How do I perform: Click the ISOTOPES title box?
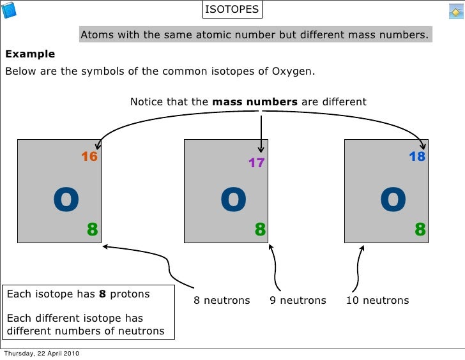coord(232,10)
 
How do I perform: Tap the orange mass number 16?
coord(89,156)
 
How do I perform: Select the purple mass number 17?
coord(256,163)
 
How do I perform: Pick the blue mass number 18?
coord(417,156)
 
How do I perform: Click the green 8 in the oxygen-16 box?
coord(92,229)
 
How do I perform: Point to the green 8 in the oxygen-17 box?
coord(260,229)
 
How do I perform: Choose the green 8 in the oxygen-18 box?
coord(420,229)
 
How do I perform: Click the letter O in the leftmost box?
coord(66,201)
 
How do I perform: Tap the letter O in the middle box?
coord(233,201)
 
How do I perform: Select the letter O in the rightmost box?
coord(393,201)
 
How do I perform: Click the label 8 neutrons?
coord(222,301)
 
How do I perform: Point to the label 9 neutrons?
coord(298,301)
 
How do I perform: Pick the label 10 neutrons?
coord(377,301)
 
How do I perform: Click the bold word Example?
coord(30,54)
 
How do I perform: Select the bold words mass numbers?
coord(254,101)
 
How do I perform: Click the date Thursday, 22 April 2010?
coord(42,354)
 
